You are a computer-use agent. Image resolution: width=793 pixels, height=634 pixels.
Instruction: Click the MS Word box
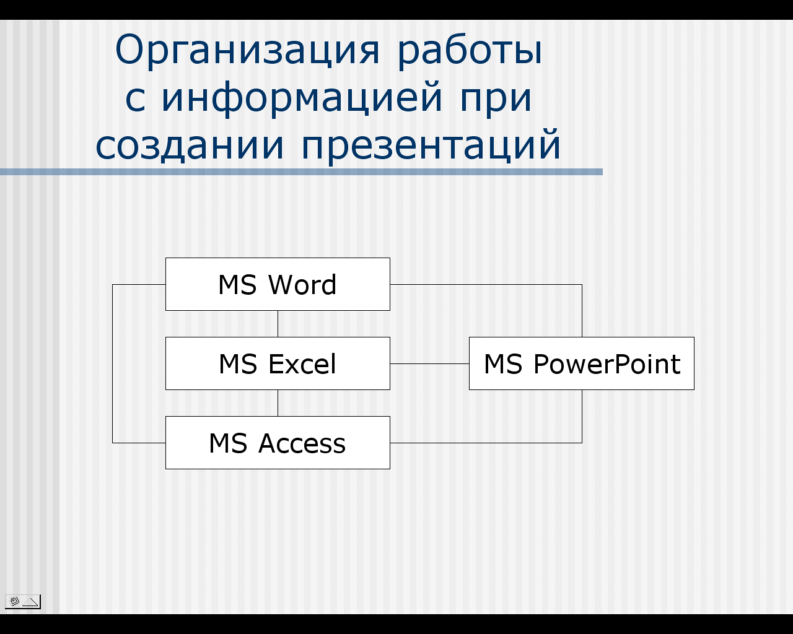point(278,284)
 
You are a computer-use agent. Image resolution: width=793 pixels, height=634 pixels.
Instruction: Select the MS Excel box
point(278,363)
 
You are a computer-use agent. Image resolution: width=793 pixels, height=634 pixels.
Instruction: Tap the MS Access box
point(278,443)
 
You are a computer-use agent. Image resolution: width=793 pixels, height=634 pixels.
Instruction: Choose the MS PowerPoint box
point(582,363)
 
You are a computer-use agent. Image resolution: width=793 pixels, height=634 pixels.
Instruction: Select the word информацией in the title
point(302,98)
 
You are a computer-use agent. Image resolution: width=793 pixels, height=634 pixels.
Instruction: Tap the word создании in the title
point(190,145)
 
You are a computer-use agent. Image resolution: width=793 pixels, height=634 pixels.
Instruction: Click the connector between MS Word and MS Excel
point(278,324)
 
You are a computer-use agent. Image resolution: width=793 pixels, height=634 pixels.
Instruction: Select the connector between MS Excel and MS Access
point(278,403)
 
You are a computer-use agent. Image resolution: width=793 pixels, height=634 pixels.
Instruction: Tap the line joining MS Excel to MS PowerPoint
point(430,363)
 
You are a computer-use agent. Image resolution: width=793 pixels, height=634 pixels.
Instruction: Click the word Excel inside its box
point(302,364)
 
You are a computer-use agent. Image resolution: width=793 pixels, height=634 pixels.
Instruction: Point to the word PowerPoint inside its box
point(607,364)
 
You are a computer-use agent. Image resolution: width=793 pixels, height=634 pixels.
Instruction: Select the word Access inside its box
point(302,443)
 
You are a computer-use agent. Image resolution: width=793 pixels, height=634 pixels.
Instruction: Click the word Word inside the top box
point(302,285)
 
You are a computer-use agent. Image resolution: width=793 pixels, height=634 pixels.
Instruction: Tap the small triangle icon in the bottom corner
point(30,602)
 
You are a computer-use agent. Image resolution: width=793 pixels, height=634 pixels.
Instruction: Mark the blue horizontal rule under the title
point(301,172)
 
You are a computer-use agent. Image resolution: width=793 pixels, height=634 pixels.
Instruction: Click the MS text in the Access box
point(228,443)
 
